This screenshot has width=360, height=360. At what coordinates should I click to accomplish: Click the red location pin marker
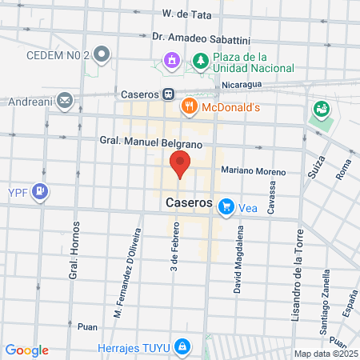coord(180,164)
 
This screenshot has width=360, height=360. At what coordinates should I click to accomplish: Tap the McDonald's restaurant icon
coord(190,105)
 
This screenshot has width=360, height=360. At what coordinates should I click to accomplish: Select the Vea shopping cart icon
coord(226,206)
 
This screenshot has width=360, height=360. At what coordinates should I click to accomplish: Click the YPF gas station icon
coord(42,192)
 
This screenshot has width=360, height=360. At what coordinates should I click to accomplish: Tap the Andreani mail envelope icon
coord(65,102)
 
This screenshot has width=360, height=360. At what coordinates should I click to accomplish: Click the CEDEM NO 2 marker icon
coord(102,55)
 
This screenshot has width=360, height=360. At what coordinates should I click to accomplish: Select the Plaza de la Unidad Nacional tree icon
coord(199,60)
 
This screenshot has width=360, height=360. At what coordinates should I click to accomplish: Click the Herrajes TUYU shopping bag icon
coord(183,346)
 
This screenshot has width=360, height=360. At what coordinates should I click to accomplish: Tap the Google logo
coord(26,350)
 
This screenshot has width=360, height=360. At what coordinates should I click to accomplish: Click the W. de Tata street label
coord(186,14)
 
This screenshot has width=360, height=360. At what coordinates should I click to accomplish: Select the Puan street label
coord(87,326)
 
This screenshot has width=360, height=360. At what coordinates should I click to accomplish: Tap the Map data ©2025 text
coord(326,354)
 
